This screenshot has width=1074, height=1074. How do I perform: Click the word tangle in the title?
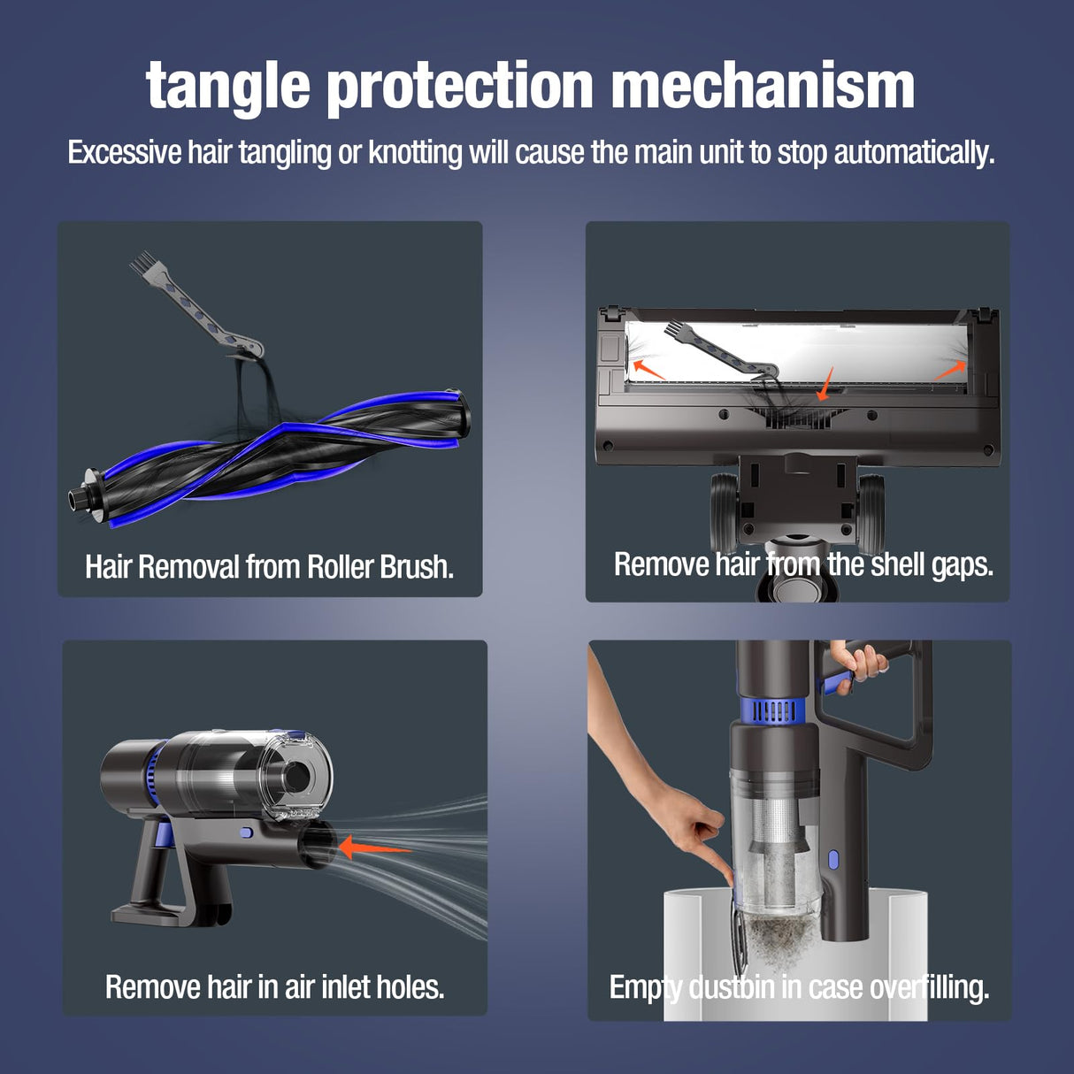tap(227, 87)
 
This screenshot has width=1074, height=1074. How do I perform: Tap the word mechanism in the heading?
tap(762, 87)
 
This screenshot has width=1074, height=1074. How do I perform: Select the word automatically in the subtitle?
tap(913, 153)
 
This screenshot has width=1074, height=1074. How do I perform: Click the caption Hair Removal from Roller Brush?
tap(269, 567)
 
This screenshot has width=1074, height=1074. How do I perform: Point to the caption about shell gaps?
tap(803, 564)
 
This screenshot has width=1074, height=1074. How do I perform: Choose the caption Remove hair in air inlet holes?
tap(274, 986)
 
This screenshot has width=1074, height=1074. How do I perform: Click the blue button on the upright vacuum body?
tap(832, 859)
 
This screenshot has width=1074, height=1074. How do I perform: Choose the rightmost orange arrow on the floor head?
tap(950, 370)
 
